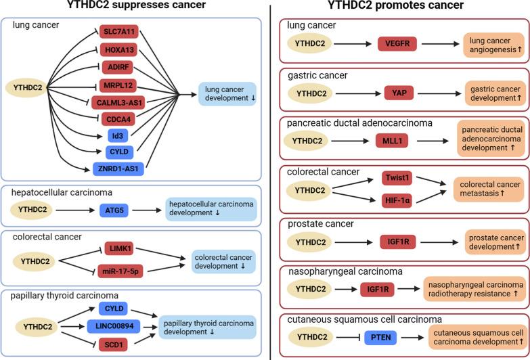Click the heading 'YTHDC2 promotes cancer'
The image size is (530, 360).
click(x=395, y=6)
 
